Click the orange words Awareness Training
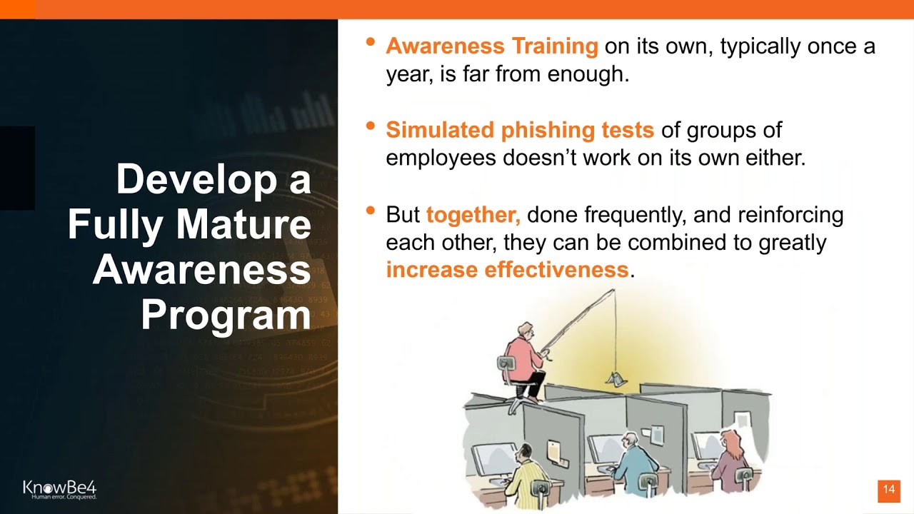pos(491,46)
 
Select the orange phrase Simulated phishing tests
pos(519,130)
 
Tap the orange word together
pos(472,214)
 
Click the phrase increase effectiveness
pos(507,270)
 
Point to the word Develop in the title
pos(194,179)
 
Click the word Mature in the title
pos(244,225)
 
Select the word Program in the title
pos(226,315)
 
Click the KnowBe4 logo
pos(59,489)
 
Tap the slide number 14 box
pos(888,490)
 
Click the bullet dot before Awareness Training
pos(370,42)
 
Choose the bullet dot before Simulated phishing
pos(370,126)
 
